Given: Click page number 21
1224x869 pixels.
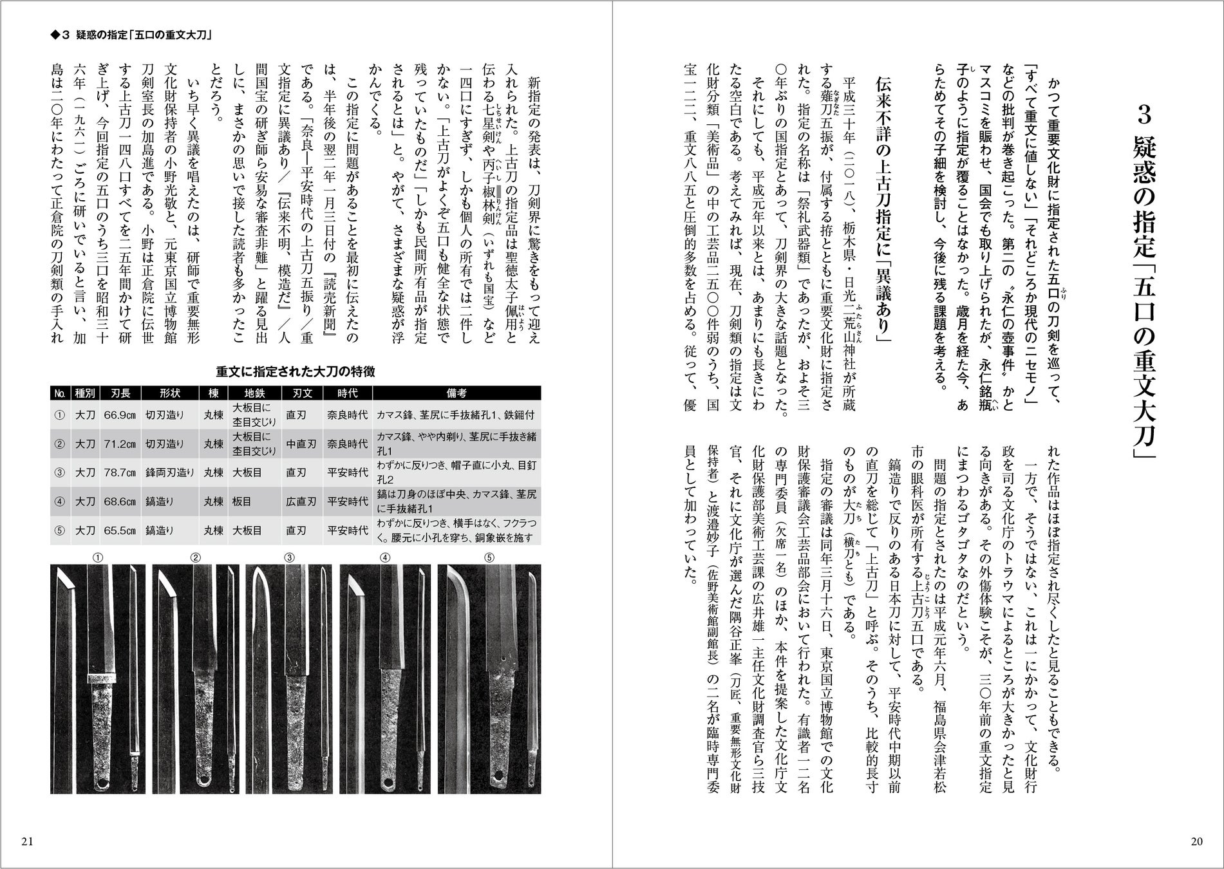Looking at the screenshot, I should coord(27,841).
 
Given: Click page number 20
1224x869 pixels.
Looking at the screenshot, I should coord(1196,841).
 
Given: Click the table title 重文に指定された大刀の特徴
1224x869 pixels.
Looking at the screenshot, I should coord(296,371).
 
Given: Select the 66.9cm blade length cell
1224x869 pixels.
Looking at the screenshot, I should coord(119,415).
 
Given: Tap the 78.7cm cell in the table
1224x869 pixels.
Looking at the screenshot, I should coord(119,472).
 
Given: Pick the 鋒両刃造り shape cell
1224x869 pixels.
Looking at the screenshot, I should coord(169,472).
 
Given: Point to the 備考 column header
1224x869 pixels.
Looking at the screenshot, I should coord(456,393).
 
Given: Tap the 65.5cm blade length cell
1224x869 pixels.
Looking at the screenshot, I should coord(119,530).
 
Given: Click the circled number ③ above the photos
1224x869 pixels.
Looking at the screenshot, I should coord(290,557).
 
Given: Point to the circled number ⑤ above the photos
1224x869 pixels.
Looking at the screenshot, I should coord(489,557).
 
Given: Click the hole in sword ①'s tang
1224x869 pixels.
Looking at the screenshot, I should coord(102,783).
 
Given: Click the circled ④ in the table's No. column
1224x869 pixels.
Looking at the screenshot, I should coord(60,501).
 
